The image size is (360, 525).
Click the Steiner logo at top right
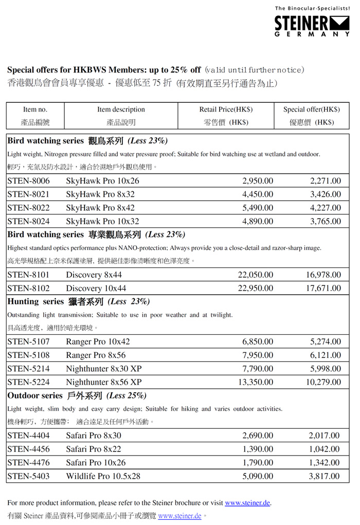click(x=312, y=24)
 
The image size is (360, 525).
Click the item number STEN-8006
click(x=29, y=181)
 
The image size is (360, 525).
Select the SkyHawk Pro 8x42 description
click(x=100, y=208)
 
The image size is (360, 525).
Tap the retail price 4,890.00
click(x=258, y=221)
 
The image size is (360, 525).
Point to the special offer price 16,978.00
click(x=323, y=275)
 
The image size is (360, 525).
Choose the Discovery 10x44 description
click(x=96, y=288)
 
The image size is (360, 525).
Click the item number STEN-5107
click(x=29, y=341)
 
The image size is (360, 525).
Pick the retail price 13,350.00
click(x=256, y=382)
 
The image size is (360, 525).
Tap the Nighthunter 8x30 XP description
click(x=103, y=368)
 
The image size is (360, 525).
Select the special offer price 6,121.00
click(x=326, y=355)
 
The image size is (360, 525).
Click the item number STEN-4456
click(x=29, y=449)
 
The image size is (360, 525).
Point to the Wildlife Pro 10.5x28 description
click(x=103, y=476)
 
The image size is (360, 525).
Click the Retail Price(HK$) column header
click(x=226, y=110)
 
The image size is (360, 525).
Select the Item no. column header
click(x=35, y=110)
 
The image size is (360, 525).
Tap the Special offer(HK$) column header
click(x=311, y=110)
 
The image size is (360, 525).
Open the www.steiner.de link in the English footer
click(x=247, y=502)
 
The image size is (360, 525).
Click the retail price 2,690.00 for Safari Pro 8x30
click(x=258, y=436)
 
